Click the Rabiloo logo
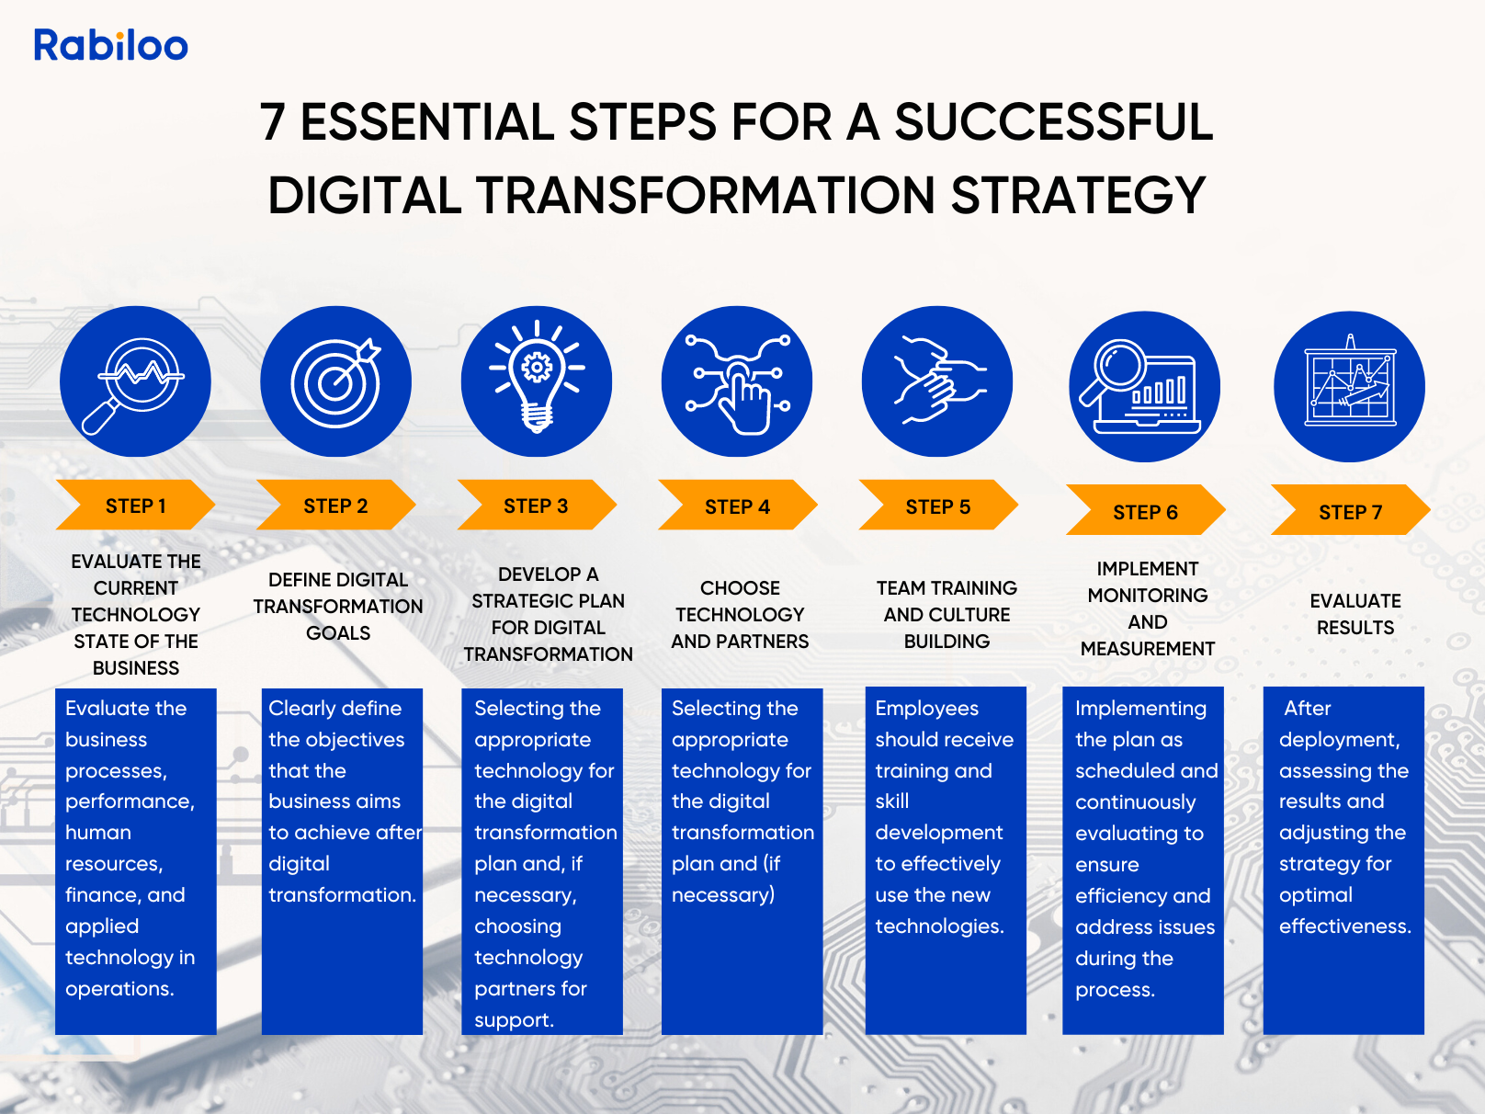(111, 45)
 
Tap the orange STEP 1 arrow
(135, 505)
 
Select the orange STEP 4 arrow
(737, 505)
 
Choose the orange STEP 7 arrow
(1350, 510)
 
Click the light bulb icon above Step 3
(538, 378)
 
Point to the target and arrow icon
(336, 381)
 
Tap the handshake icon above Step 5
(939, 381)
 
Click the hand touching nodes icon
(737, 383)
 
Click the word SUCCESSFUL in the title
(1054, 121)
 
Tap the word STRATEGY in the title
(1079, 195)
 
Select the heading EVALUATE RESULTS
(1355, 614)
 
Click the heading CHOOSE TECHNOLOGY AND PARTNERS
(740, 614)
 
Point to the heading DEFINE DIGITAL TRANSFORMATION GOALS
(338, 606)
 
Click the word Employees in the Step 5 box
(927, 708)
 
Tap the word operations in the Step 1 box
(119, 989)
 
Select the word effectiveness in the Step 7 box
(1345, 926)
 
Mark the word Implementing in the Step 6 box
(1140, 708)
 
